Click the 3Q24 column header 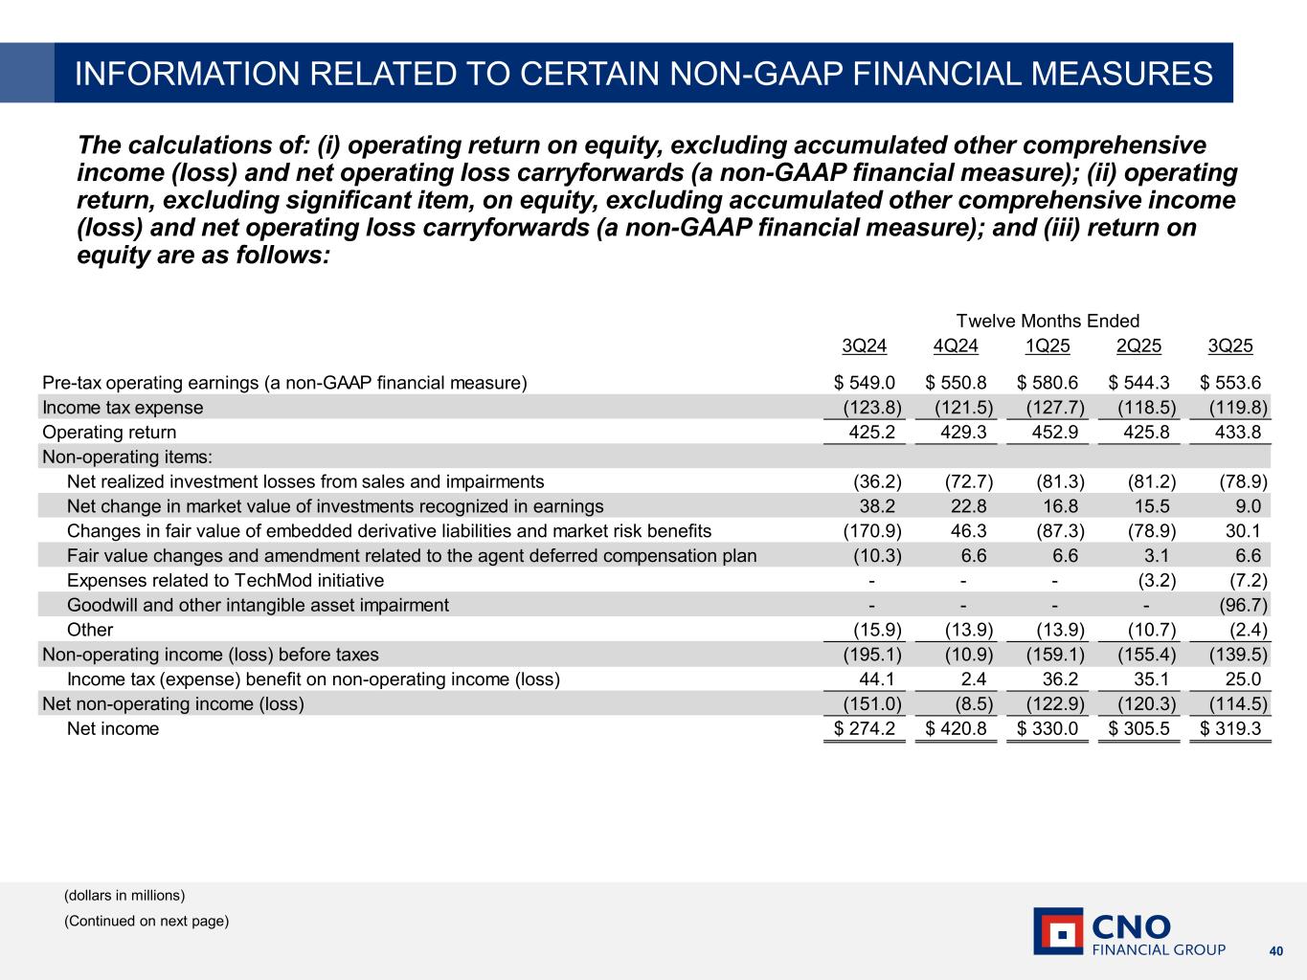[x=864, y=346]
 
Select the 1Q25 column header [x=1048, y=346]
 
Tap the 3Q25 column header [x=1230, y=346]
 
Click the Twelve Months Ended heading [x=1048, y=322]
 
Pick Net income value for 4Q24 [x=957, y=729]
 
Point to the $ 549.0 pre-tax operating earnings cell [x=865, y=383]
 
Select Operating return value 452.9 [x=1057, y=433]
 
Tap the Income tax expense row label [x=123, y=408]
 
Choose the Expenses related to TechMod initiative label [x=225, y=581]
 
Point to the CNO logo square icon [x=1058, y=931]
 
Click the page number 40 [x=1275, y=951]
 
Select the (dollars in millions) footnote [x=124, y=896]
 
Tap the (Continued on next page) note [x=146, y=922]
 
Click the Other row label [x=90, y=630]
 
